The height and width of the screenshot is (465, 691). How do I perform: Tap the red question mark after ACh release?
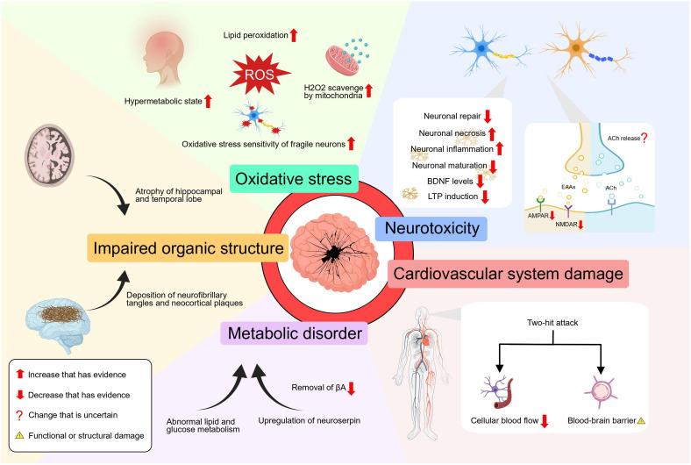(647, 138)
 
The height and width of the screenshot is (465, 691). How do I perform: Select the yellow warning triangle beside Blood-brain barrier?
(641, 421)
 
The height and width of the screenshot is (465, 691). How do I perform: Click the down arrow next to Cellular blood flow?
(545, 421)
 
